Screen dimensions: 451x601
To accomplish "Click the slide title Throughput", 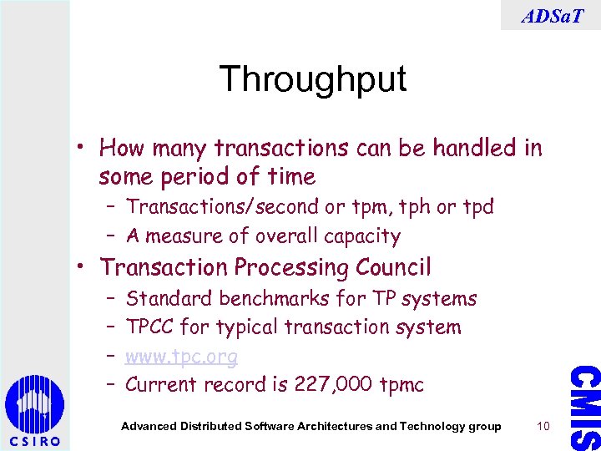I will [312, 79].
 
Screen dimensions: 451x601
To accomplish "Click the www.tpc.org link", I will [181, 357].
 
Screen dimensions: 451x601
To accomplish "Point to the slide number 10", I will [543, 427].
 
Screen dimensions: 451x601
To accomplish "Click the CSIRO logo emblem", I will [34, 406].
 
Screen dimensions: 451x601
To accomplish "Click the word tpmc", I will [402, 385].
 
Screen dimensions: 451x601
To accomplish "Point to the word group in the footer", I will [484, 427].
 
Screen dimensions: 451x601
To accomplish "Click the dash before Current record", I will [111, 383].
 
